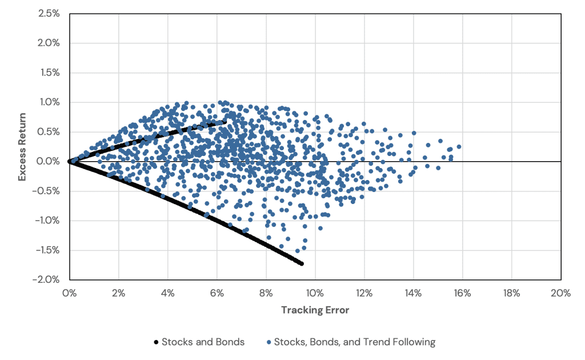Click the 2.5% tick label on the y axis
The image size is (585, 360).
[49, 14]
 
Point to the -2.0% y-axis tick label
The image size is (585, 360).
[48, 279]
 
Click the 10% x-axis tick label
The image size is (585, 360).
[315, 293]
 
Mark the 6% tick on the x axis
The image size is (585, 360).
[217, 293]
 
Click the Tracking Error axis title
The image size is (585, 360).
[315, 310]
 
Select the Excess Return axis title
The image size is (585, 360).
[22, 147]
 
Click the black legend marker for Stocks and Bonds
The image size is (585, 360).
[156, 342]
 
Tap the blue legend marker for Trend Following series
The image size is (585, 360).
[269, 342]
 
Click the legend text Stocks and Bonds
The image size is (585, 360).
[203, 342]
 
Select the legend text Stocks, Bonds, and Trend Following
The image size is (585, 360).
[354, 342]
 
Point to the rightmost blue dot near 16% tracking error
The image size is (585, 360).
[459, 147]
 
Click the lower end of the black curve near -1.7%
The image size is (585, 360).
[302, 263]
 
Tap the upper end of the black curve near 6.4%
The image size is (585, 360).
[225, 121]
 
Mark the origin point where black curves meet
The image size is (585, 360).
[70, 162]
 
